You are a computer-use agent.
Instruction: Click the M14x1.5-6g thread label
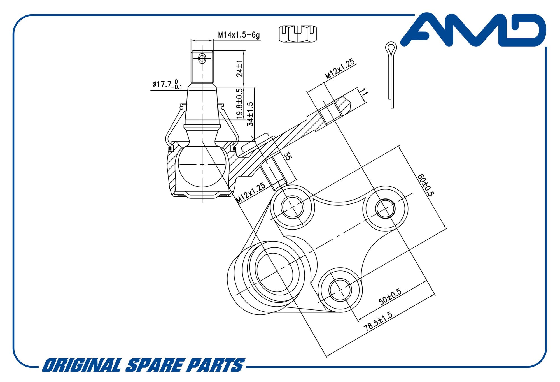point(239,35)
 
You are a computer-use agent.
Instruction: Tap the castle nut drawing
point(298,34)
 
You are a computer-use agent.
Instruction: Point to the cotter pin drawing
point(391,75)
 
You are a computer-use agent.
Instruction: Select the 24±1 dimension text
point(240,68)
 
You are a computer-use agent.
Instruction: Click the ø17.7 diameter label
point(167,84)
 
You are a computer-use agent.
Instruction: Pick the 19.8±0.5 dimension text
point(240,103)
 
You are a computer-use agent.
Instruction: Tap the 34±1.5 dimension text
point(250,114)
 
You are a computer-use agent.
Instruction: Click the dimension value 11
point(363,92)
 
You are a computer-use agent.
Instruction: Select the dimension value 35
point(287,156)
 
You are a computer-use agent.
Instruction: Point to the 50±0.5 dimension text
point(390,297)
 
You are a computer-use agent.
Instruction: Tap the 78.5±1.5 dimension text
point(378,321)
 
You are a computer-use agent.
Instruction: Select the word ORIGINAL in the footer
point(81,365)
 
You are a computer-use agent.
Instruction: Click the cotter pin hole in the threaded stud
point(202,59)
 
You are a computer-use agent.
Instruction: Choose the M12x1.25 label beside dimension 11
point(340,69)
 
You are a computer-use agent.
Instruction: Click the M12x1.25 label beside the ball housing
point(251,193)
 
